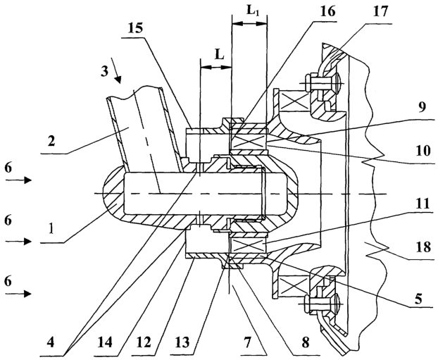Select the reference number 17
[x=380, y=12]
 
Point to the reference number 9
[x=422, y=108]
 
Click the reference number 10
[x=422, y=151]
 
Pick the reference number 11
[x=422, y=204]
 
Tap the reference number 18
[x=422, y=248]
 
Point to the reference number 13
[x=183, y=342]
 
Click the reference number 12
[x=144, y=342]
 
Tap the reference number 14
[x=105, y=342]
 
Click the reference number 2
[x=51, y=142]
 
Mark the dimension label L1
[x=254, y=11]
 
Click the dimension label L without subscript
[x=219, y=56]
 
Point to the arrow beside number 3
[x=116, y=70]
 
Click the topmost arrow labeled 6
[x=18, y=180]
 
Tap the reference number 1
[x=51, y=230]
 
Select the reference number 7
[x=247, y=342]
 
